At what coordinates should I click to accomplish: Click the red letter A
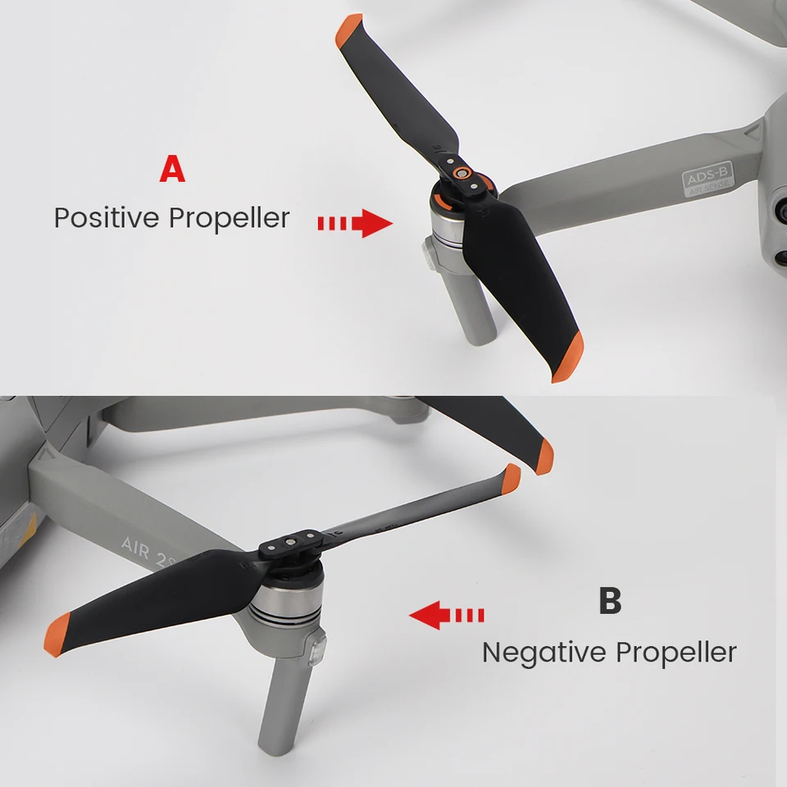(x=172, y=169)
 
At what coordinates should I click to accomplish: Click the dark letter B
(x=610, y=600)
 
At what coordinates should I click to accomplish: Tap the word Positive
(x=107, y=217)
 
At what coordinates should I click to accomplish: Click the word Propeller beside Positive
(x=229, y=217)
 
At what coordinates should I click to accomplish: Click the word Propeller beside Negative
(x=676, y=652)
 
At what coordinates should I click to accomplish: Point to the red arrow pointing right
(x=355, y=223)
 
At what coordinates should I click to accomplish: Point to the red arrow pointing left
(x=447, y=615)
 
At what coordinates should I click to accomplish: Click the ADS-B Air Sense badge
(x=708, y=178)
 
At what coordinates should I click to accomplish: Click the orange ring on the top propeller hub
(x=462, y=173)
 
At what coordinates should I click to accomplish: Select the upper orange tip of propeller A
(x=348, y=30)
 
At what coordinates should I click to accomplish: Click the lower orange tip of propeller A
(x=568, y=357)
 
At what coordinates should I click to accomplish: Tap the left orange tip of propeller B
(x=57, y=635)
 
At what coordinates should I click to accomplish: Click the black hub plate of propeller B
(x=290, y=543)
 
